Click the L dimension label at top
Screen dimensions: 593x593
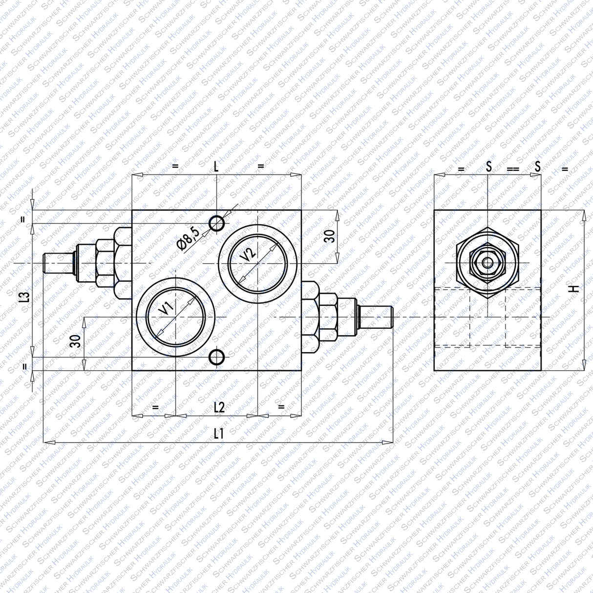tap(216, 166)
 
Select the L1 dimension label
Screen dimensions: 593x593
tap(218, 433)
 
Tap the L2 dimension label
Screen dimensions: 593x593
tap(218, 406)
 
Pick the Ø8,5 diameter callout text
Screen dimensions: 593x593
tap(189, 239)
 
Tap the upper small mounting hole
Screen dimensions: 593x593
tap(216, 223)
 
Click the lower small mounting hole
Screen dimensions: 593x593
tap(216, 358)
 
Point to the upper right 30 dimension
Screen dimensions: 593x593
tap(330, 237)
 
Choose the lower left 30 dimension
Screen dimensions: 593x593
tap(75, 341)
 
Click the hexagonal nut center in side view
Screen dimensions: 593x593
tap(487, 263)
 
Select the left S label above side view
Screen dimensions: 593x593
tap(488, 167)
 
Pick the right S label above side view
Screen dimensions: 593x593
tap(537, 167)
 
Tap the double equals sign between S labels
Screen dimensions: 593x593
tap(512, 169)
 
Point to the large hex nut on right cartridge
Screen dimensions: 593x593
tap(326, 317)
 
